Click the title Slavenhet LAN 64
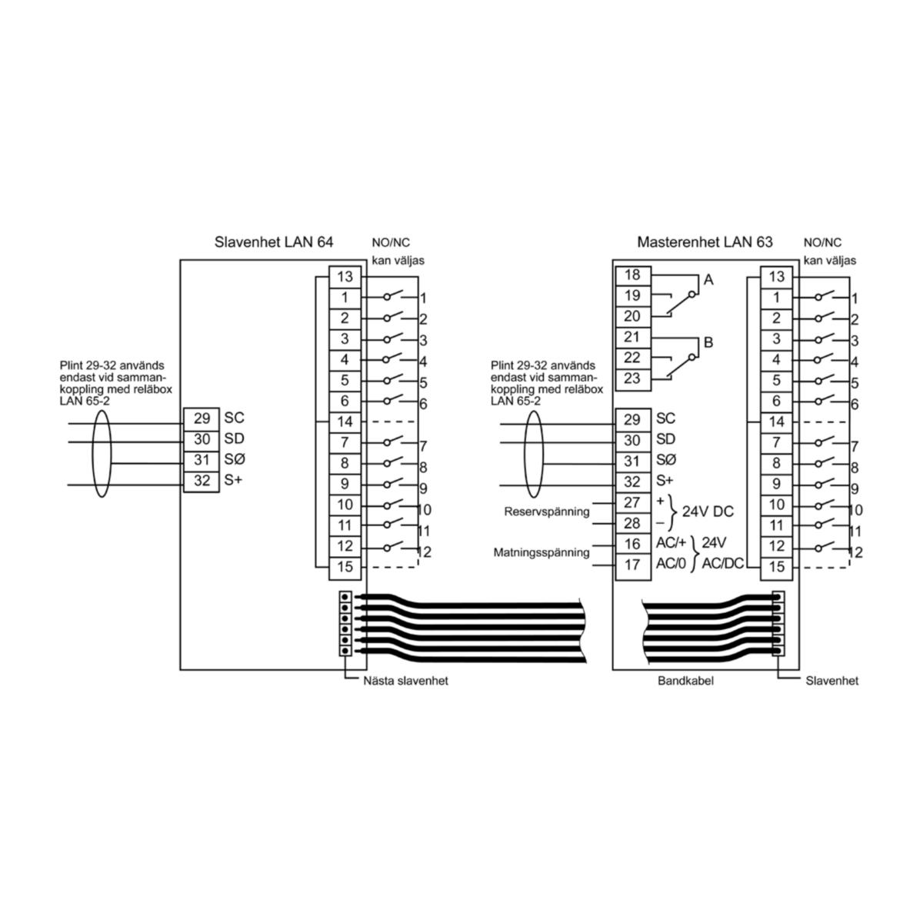274,242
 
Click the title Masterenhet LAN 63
705,242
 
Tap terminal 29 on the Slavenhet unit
202,418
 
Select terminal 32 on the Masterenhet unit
633,481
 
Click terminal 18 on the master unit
633,275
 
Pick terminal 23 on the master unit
633,379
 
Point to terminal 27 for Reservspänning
633,502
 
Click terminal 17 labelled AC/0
633,565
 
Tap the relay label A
708,280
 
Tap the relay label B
708,343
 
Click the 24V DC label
708,511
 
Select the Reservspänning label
547,512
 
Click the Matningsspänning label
541,553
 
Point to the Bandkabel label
685,681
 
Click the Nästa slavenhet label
405,681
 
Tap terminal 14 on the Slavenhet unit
345,422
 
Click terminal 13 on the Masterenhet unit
776,277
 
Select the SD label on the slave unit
235,438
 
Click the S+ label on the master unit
665,481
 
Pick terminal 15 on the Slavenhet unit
345,567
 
